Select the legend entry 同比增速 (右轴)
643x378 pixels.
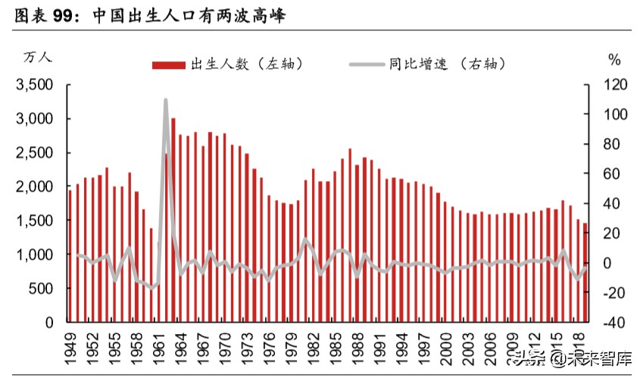click(439, 64)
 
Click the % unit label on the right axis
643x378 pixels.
click(613, 59)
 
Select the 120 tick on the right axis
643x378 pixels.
click(608, 85)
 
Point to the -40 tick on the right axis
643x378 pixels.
click(608, 322)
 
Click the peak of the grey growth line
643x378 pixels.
click(165, 101)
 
